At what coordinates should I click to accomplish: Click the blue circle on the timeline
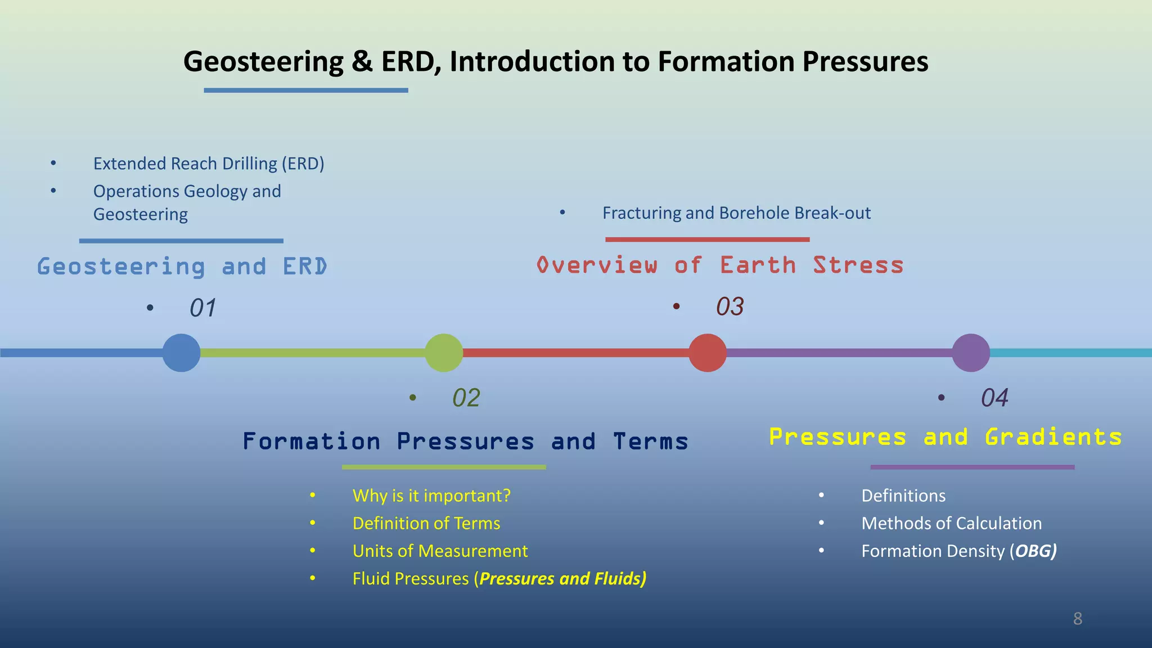pyautogui.click(x=181, y=353)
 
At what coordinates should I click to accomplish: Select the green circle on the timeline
pyautogui.click(x=444, y=353)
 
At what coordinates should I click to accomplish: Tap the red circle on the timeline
pyautogui.click(x=708, y=353)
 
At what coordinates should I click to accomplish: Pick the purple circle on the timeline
pyautogui.click(x=971, y=353)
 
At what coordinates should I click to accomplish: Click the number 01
pyautogui.click(x=202, y=308)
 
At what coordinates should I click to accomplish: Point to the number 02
pyautogui.click(x=466, y=398)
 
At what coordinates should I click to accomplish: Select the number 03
pyautogui.click(x=730, y=307)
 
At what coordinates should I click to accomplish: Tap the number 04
pyautogui.click(x=994, y=398)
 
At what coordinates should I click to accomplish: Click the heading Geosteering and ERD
pyautogui.click(x=182, y=267)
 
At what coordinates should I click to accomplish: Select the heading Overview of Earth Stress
pyautogui.click(x=720, y=265)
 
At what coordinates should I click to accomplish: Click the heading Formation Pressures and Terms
pyautogui.click(x=465, y=441)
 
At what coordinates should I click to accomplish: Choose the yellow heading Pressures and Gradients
pyautogui.click(x=945, y=437)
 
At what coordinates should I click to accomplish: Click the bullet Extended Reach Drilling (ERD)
pyautogui.click(x=209, y=164)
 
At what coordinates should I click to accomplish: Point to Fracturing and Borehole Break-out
pyautogui.click(x=736, y=213)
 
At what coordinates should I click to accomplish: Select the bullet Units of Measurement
pyautogui.click(x=440, y=551)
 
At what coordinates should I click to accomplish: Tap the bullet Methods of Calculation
pyautogui.click(x=951, y=523)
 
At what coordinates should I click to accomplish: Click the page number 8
pyautogui.click(x=1077, y=619)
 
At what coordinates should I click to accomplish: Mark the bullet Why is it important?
pyautogui.click(x=431, y=496)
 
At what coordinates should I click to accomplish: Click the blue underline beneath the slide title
pyautogui.click(x=305, y=90)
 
